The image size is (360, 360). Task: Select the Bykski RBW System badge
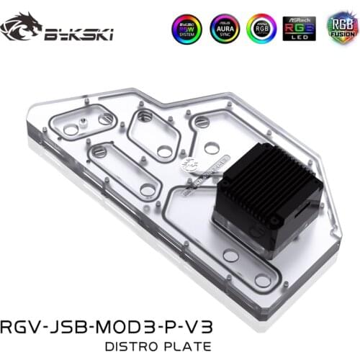click(186, 27)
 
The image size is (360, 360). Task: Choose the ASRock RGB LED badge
click(299, 27)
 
